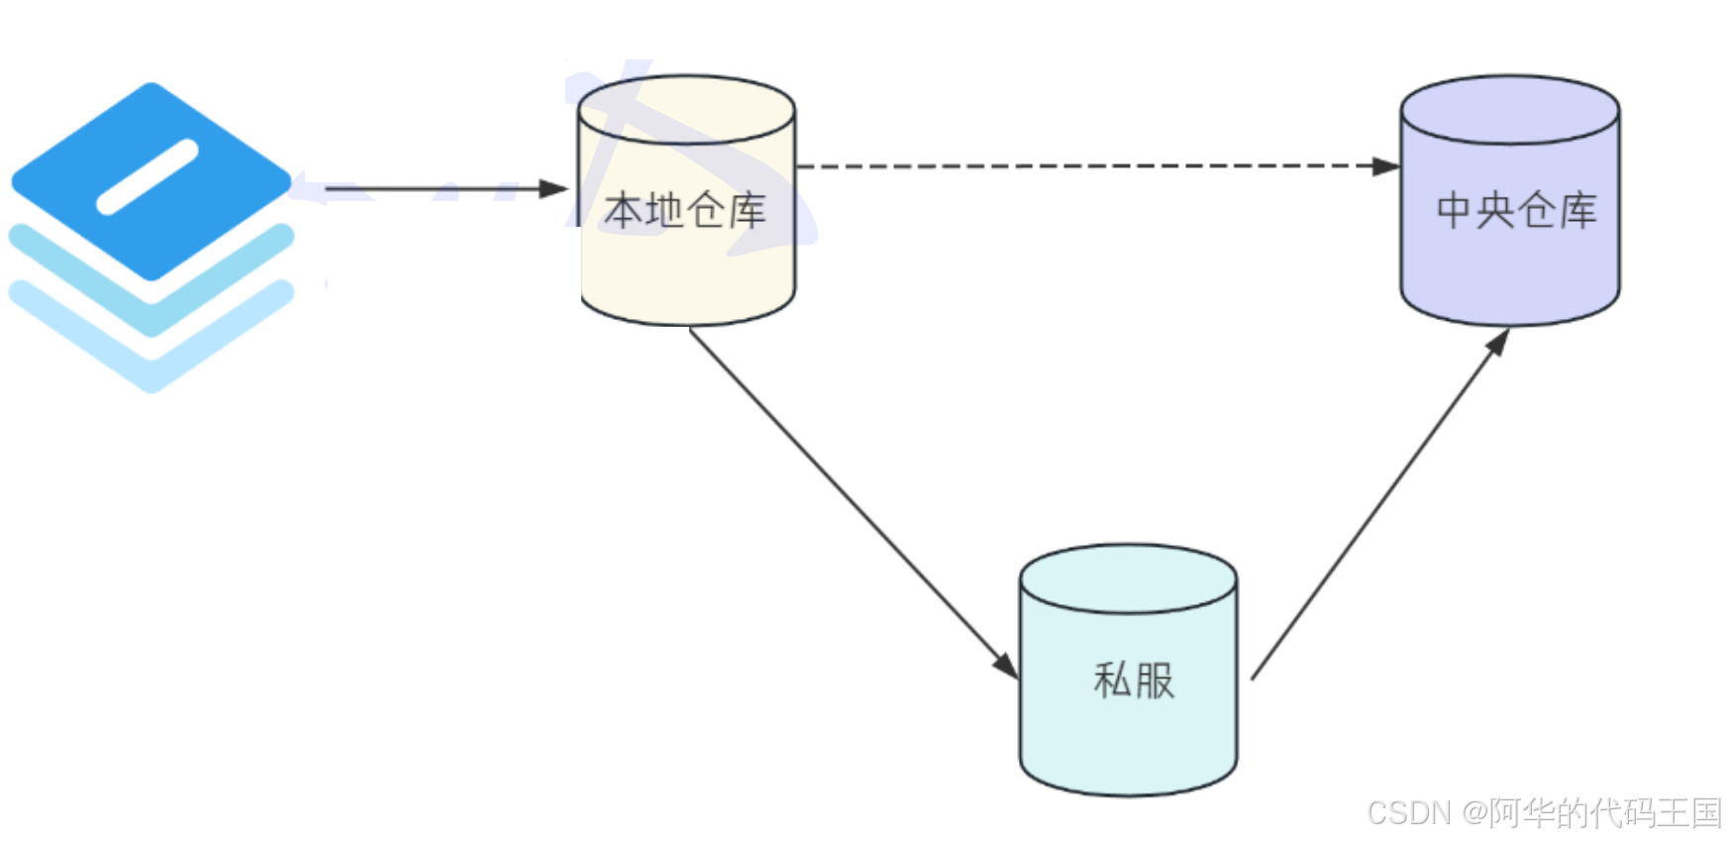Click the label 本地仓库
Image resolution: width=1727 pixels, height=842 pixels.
coord(685,211)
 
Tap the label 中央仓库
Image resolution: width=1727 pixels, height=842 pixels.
coord(1516,211)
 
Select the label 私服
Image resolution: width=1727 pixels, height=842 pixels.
coord(1134,681)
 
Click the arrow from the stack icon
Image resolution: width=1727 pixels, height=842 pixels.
coord(436,188)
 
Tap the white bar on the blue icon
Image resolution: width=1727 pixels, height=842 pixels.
coord(148,177)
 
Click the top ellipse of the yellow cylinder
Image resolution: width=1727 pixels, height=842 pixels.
coord(686,110)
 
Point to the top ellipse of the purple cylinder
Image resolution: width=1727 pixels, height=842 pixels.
coord(1510,110)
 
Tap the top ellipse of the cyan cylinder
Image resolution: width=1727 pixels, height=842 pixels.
coord(1128,579)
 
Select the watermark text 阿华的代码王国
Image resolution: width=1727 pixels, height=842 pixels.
coord(1604,813)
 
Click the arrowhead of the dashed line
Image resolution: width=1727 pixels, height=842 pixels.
coord(1386,166)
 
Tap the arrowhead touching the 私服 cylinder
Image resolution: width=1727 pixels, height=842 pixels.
coord(1006,666)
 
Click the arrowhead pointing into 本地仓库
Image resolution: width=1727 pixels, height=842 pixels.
coord(555,188)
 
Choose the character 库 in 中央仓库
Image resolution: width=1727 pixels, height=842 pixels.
coord(1578,211)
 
